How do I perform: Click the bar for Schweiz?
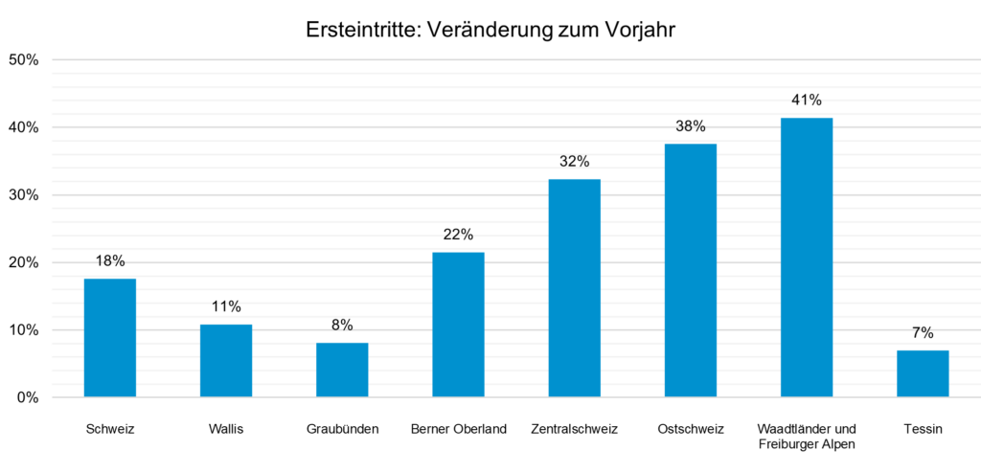click(x=110, y=337)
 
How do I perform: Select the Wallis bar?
click(x=226, y=360)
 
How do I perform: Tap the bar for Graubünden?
click(x=342, y=370)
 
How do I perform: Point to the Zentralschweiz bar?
click(x=575, y=287)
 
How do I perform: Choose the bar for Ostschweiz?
click(x=691, y=270)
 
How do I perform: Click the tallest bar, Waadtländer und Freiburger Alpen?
click(x=807, y=257)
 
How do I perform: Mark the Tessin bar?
click(x=923, y=373)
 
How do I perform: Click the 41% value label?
click(x=807, y=100)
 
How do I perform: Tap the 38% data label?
click(x=691, y=125)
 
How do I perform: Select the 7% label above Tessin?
click(x=923, y=332)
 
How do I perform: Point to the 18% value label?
click(x=110, y=260)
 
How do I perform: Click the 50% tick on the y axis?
click(x=23, y=59)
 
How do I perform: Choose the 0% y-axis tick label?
click(x=27, y=397)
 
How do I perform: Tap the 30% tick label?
click(x=23, y=195)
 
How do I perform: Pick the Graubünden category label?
click(x=342, y=429)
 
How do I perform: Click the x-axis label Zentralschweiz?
click(x=575, y=429)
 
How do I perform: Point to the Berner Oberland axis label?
click(x=458, y=429)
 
